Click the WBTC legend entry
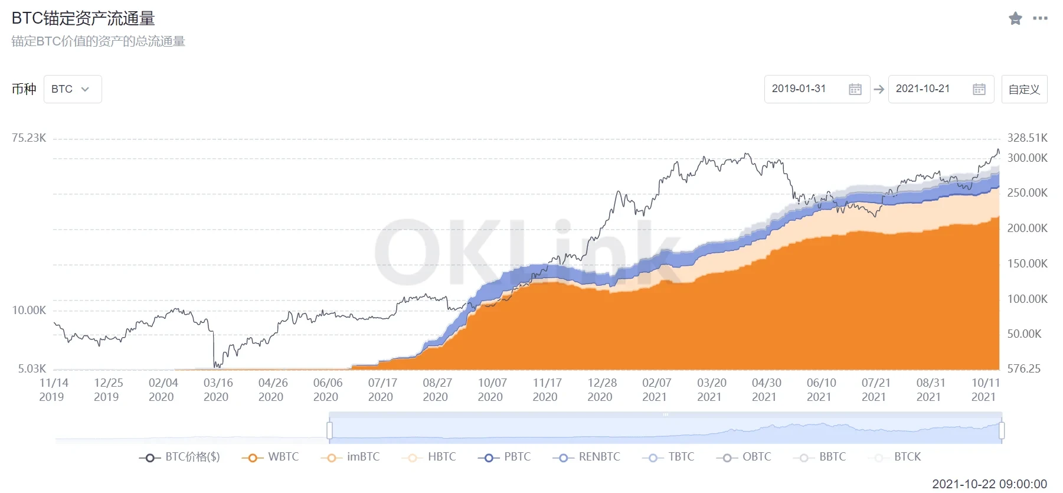click(270, 458)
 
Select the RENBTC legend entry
click(587, 458)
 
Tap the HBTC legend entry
click(429, 458)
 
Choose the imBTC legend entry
click(351, 458)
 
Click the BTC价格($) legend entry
click(179, 458)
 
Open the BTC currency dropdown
click(72, 89)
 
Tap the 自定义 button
click(1024, 89)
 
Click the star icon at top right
click(1015, 18)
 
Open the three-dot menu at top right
click(1040, 18)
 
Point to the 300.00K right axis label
click(1027, 158)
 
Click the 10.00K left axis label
click(29, 311)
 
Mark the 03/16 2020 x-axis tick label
click(217, 390)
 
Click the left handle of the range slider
click(330, 430)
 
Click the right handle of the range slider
click(1002, 430)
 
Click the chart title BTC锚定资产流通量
click(83, 18)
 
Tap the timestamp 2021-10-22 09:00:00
click(989, 484)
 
